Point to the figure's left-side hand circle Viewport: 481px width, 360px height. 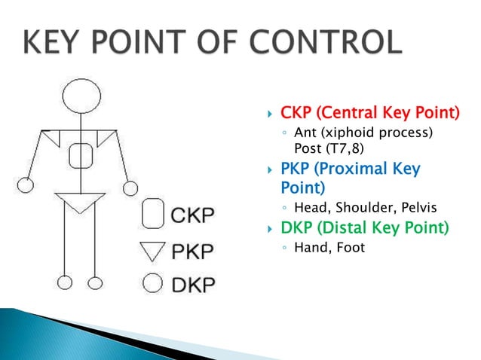pyautogui.click(x=26, y=185)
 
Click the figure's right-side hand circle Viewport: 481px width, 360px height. pyautogui.click(x=130, y=187)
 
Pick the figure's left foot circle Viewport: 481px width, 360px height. pyautogui.click(x=66, y=283)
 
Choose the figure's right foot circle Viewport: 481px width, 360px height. pyautogui.click(x=95, y=283)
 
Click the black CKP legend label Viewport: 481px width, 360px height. pyautogui.click(x=191, y=214)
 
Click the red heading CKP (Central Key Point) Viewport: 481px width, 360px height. pyautogui.click(x=369, y=114)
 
